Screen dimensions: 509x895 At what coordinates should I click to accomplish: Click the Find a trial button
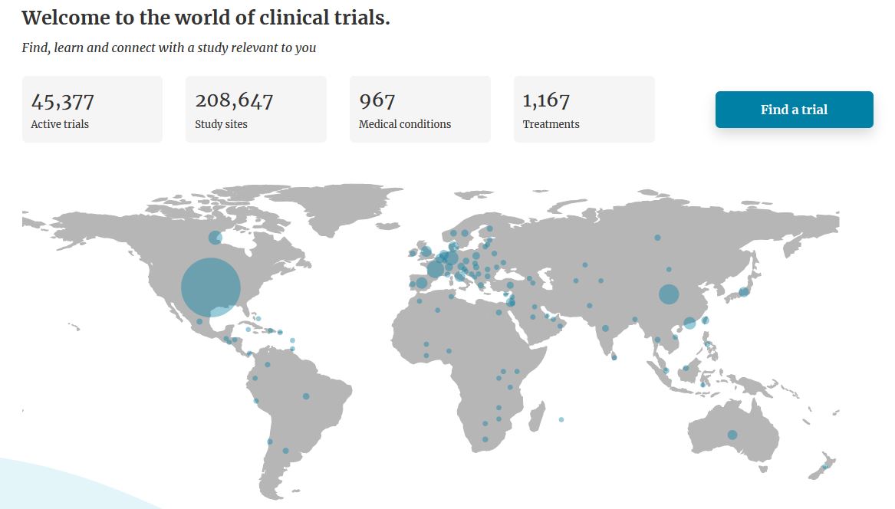[x=794, y=110]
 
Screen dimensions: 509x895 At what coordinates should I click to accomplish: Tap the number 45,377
[x=63, y=100]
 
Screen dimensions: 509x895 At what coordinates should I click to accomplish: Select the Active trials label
[x=60, y=124]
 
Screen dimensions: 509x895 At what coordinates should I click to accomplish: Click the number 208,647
[x=234, y=100]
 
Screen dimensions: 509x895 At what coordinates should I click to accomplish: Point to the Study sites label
[x=221, y=124]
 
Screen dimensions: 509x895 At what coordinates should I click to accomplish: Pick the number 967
[x=377, y=100]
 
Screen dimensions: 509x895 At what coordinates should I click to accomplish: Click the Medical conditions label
[x=405, y=124]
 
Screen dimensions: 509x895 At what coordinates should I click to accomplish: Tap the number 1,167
[x=546, y=100]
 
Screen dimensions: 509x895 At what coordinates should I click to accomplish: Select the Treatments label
[x=551, y=124]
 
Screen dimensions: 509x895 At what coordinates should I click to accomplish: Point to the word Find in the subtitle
[x=35, y=48]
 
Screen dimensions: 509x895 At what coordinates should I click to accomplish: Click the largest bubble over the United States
[x=211, y=287]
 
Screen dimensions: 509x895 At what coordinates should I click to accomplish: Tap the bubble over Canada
[x=216, y=238]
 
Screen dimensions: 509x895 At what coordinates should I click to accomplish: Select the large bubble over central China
[x=669, y=294]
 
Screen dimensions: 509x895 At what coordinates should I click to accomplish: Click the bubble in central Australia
[x=732, y=435]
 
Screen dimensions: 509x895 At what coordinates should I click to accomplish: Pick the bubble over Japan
[x=743, y=292]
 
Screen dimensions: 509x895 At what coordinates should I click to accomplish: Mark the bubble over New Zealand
[x=825, y=467]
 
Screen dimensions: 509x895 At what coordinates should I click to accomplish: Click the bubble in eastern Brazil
[x=306, y=396]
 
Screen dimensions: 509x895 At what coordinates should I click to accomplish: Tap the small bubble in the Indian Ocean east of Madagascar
[x=561, y=419]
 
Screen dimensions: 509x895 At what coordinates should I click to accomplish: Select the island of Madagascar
[x=537, y=418]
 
